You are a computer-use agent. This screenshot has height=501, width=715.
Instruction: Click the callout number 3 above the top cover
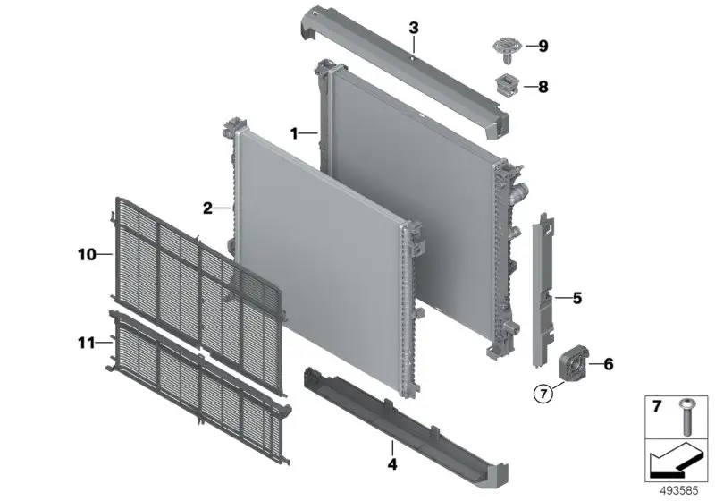click(x=413, y=28)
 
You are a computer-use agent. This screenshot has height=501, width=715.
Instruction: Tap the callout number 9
click(x=543, y=47)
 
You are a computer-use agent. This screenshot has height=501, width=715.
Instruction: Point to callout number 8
click(x=543, y=86)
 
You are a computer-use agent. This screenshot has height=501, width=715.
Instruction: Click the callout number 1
click(x=294, y=133)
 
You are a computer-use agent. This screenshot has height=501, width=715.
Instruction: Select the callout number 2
click(x=207, y=208)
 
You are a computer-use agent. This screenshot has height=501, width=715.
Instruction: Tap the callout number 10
click(x=87, y=254)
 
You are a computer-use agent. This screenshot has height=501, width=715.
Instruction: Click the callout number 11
click(x=87, y=343)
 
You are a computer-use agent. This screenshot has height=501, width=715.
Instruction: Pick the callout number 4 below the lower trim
click(x=392, y=464)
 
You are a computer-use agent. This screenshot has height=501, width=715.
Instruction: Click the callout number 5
click(x=577, y=298)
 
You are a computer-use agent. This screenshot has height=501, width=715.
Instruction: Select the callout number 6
click(x=609, y=364)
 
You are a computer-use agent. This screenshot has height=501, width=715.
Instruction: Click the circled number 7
click(x=543, y=394)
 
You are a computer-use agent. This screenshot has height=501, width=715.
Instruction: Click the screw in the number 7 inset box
click(x=686, y=417)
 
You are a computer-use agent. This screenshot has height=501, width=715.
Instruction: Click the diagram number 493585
click(x=678, y=491)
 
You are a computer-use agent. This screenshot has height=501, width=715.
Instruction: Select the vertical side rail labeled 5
click(x=544, y=290)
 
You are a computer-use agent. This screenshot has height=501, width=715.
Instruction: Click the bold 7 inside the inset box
click(x=657, y=406)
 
